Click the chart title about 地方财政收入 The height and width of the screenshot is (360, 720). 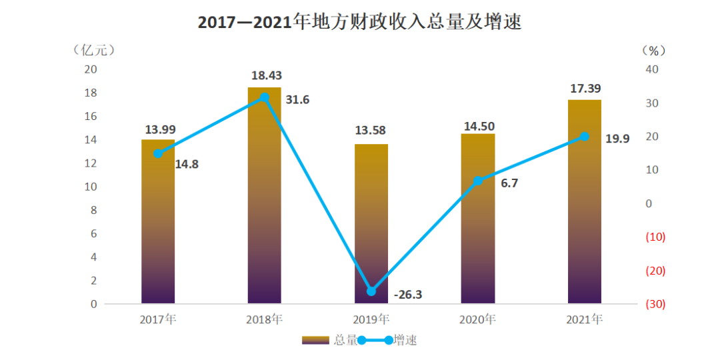tap(359, 22)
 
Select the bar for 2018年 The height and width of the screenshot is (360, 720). tap(265, 200)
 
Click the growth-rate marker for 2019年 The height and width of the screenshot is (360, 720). tap(371, 291)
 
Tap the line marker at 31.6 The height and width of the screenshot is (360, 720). tap(265, 97)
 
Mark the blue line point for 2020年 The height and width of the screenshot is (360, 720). tap(478, 181)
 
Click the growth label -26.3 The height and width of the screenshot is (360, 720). tap(407, 295)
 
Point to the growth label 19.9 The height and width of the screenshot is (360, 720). tap(618, 139)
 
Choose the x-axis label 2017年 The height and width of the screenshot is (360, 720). tap(158, 319)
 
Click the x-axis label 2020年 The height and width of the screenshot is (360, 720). tap(477, 319)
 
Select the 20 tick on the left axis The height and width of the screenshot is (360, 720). tap(90, 69)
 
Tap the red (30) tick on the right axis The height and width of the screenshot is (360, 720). tap(655, 304)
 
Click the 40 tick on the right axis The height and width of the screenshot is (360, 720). tap(653, 69)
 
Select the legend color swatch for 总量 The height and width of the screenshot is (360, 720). tap(315, 340)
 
